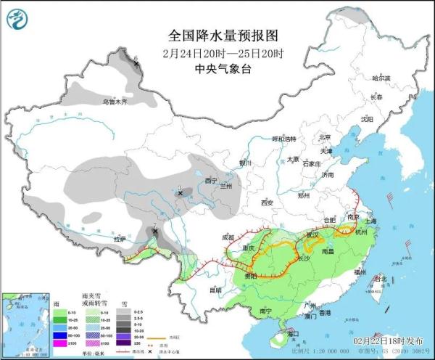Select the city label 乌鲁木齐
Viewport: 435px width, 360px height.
click(x=114, y=102)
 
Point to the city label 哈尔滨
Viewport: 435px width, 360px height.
click(x=381, y=78)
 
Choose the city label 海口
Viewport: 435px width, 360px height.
click(x=292, y=333)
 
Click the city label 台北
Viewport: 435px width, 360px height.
click(x=378, y=278)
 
